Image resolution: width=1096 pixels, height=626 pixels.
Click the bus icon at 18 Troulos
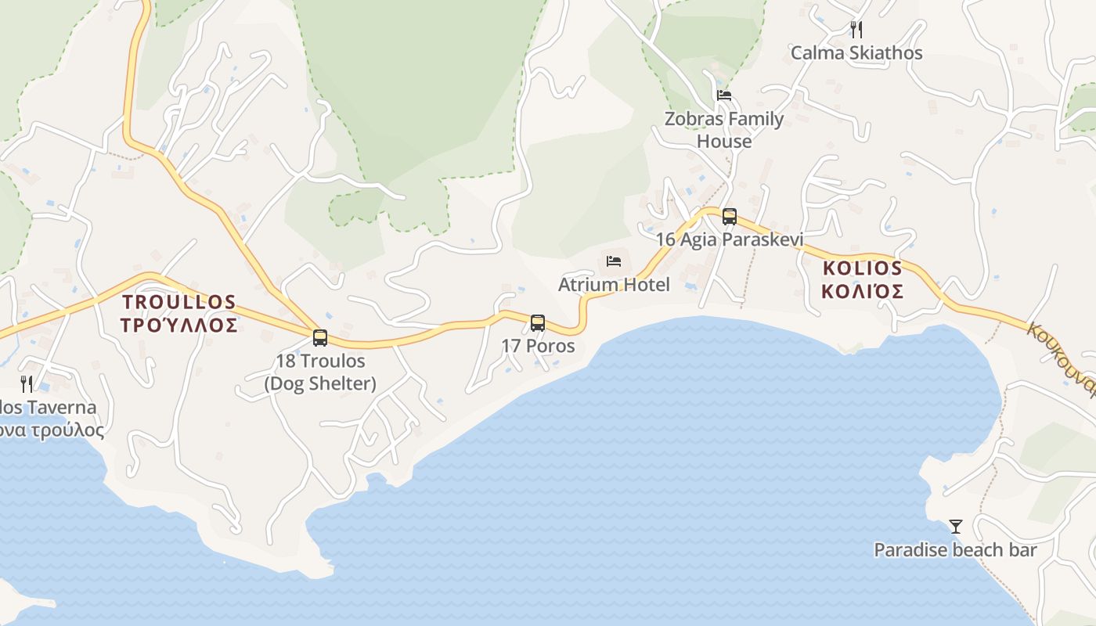[320, 338]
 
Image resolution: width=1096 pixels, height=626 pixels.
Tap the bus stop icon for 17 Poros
[538, 322]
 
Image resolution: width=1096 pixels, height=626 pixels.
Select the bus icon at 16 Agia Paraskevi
[730, 217]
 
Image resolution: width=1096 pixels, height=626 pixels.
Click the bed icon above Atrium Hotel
[614, 261]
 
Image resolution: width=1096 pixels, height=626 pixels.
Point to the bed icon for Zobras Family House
[724, 95]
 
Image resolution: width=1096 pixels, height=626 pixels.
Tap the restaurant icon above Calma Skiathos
[856, 30]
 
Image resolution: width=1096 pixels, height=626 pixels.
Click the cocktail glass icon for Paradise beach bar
[955, 527]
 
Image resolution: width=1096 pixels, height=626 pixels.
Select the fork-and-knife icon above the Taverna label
[27, 383]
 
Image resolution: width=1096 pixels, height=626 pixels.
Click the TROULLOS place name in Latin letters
[179, 302]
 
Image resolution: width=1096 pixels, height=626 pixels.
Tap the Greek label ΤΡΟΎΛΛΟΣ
[179, 325]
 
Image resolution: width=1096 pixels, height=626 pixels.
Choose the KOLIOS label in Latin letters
[863, 268]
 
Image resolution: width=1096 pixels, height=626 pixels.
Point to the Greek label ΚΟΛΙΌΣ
[863, 292]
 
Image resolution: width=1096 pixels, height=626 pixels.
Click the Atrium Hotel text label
[614, 285]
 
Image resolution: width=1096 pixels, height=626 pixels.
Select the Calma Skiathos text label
[856, 53]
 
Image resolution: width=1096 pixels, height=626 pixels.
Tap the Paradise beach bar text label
[955, 550]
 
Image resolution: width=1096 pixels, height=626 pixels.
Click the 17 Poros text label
[538, 346]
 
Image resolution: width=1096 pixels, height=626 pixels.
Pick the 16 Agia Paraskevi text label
[730, 239]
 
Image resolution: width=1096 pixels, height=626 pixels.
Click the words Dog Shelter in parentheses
[320, 384]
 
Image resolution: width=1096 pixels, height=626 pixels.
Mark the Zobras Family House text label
[724, 130]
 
